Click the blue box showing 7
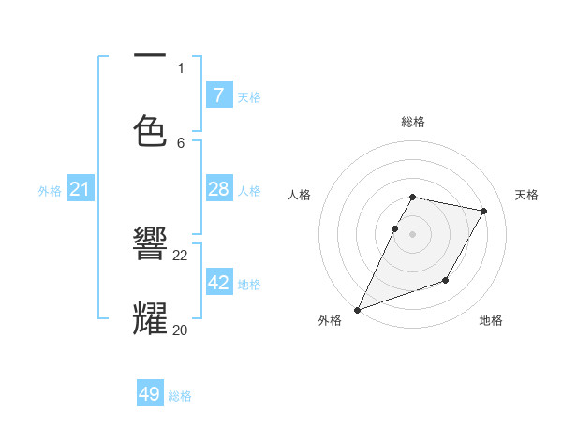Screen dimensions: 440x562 [x=218, y=95]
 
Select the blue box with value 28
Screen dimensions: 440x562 [x=218, y=189]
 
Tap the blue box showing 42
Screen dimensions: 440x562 [x=218, y=283]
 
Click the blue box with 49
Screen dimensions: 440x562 [x=150, y=394]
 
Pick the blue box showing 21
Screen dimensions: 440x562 [x=80, y=189]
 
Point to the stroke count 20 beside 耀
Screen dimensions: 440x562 [x=180, y=329]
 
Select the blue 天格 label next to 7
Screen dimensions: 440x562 [x=249, y=96]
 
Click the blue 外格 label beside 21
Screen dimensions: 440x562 [x=50, y=191]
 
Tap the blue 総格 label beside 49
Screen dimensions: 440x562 [x=180, y=396]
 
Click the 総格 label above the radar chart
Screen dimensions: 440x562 [x=412, y=122]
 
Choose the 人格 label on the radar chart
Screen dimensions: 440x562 [x=300, y=195]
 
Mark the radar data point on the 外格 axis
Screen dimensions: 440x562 [x=357, y=309]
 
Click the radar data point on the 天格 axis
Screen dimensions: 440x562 [x=483, y=212]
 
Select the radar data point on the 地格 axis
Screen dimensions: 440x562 [x=446, y=280]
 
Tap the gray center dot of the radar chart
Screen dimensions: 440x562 [x=412, y=234]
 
